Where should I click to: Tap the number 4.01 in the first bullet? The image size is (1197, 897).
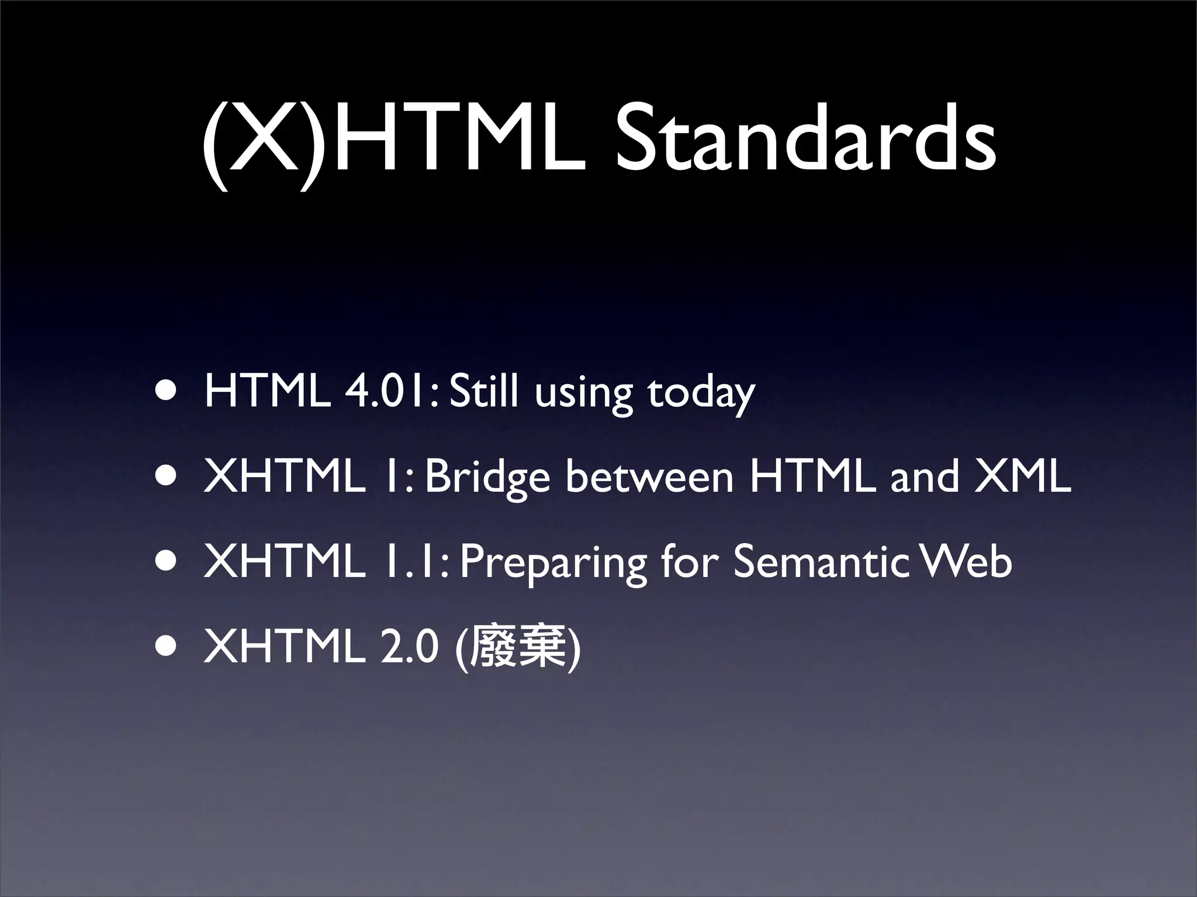coord(389,392)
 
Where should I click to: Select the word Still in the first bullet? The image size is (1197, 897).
coord(484,392)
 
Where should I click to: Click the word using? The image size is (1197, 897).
coord(583,394)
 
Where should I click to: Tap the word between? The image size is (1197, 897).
coord(649,477)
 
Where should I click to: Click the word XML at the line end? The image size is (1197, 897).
coord(1023,477)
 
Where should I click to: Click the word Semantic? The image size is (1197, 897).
coord(821,562)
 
